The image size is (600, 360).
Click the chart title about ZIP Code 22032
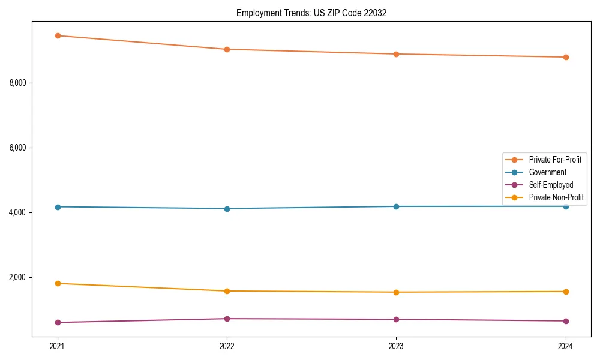311,13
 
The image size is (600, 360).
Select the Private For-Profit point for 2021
58,35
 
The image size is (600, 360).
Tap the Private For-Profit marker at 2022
227,49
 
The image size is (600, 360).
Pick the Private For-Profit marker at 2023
396,54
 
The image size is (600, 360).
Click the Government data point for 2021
58,207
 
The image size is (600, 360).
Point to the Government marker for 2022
227,209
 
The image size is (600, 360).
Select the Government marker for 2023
396,206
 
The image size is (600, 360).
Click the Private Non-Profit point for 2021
58,283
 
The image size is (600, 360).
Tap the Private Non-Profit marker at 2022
227,291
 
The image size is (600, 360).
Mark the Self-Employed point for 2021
58,322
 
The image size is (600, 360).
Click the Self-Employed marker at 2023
396,319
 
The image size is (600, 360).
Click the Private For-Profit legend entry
554,160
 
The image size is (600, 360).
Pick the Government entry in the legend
547,172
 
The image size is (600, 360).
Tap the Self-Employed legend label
551,185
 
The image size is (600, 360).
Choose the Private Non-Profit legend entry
556,197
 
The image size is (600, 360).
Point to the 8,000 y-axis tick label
19,83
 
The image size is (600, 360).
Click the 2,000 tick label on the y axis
19,278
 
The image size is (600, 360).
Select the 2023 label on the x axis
396,346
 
